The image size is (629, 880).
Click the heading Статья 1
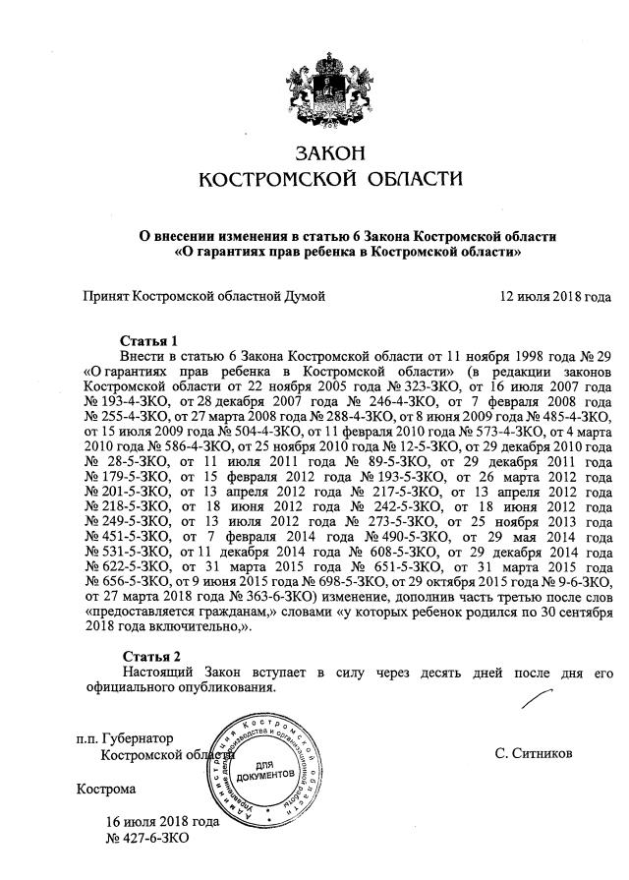[x=149, y=339]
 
